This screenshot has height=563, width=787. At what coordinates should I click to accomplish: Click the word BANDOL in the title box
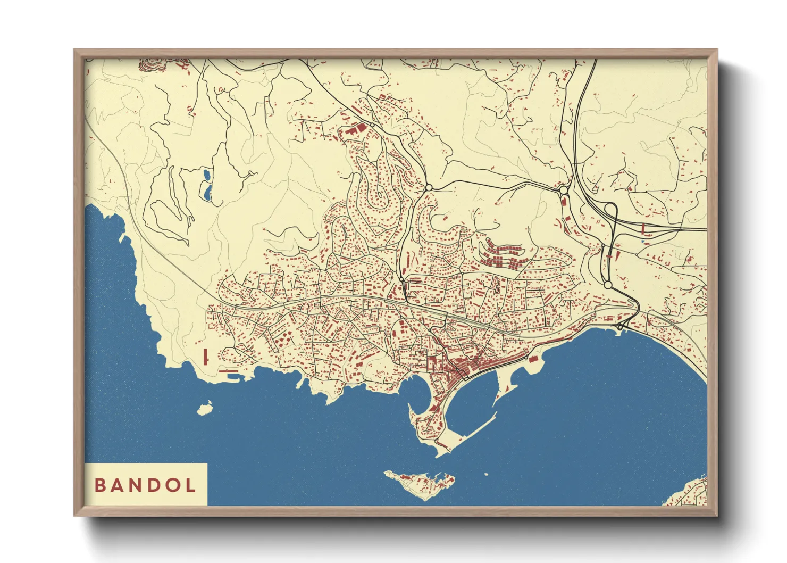click(x=145, y=485)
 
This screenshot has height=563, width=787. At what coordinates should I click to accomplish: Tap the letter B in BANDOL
click(x=99, y=485)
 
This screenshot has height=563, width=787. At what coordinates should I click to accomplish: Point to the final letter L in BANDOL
click(x=190, y=485)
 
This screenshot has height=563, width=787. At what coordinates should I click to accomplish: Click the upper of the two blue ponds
click(x=205, y=174)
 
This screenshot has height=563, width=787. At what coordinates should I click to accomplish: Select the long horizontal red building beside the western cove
click(x=229, y=371)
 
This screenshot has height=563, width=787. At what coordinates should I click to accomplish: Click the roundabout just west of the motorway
click(x=563, y=189)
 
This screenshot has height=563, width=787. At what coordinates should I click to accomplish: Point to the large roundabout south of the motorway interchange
click(x=608, y=285)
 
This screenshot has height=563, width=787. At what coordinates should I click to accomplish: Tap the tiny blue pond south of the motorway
click(x=643, y=241)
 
